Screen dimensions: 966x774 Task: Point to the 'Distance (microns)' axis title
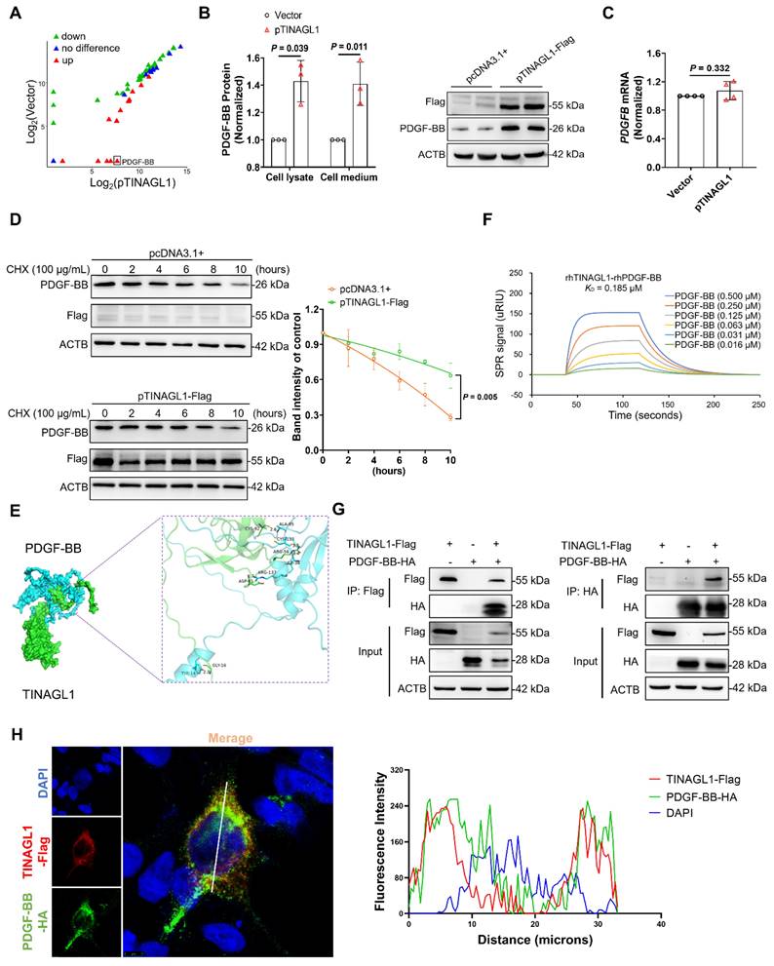(534, 945)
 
